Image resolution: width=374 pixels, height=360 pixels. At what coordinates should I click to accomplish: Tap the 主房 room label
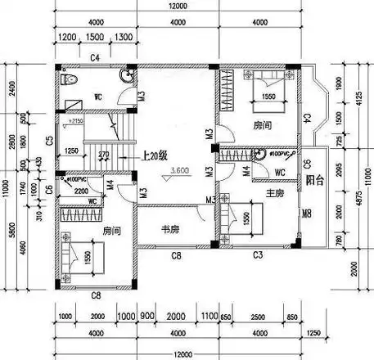(275, 193)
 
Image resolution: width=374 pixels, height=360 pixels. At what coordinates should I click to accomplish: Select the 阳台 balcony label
(312, 179)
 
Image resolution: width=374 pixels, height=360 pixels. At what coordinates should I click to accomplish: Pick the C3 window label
(257, 256)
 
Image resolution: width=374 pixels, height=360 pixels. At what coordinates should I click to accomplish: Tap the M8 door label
(306, 215)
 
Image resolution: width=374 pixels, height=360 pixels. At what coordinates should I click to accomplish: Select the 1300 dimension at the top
(124, 38)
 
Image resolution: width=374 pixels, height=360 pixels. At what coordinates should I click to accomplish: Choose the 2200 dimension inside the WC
(82, 189)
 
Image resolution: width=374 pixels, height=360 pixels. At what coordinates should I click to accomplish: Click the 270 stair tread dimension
(103, 153)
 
